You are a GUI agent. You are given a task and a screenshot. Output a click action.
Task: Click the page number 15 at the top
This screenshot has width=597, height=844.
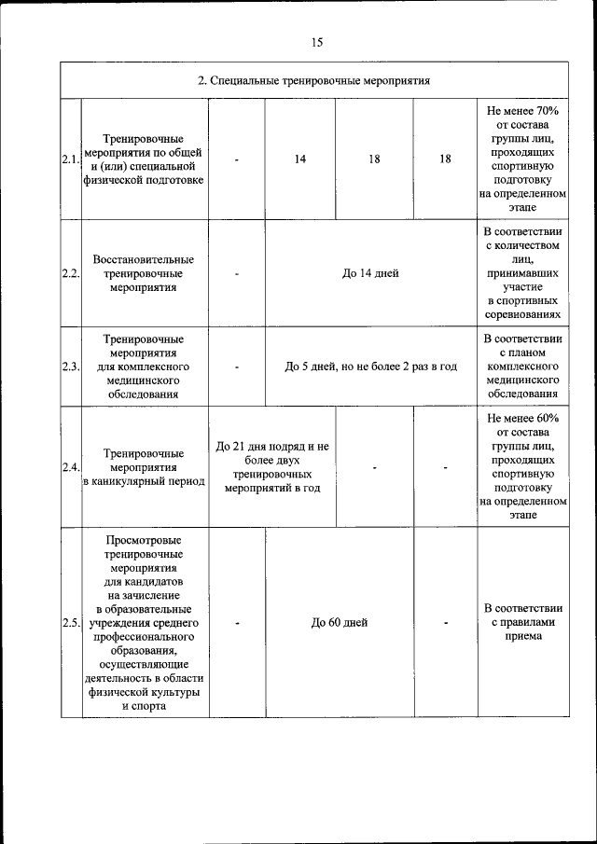[317, 42]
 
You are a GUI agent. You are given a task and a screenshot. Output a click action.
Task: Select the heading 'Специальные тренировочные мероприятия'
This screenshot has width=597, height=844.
[313, 80]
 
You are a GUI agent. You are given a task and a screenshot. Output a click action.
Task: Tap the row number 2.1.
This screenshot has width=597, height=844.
[71, 159]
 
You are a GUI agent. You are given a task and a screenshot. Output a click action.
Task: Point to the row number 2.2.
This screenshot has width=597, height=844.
[71, 273]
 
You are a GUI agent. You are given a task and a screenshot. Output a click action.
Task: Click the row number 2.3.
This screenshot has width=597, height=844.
[71, 367]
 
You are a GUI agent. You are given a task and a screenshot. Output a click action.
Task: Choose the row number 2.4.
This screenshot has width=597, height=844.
[71, 466]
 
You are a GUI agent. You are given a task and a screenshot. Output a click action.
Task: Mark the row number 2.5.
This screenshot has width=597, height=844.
[71, 623]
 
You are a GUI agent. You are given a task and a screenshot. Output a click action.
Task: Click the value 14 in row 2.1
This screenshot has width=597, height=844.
[300, 159]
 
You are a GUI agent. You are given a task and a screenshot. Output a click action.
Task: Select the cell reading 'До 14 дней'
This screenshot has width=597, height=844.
[370, 273]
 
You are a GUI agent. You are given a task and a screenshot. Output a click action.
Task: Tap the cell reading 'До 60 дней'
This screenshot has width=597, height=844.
[340, 623]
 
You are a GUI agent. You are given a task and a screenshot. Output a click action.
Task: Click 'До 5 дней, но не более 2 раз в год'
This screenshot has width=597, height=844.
[370, 367]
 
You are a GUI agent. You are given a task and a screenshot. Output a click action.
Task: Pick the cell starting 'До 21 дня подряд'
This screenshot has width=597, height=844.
[271, 447]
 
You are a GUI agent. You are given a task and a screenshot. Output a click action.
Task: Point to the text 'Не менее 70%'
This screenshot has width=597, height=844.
[522, 110]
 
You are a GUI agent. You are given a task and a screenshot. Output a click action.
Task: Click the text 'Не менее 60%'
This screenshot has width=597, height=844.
[522, 417]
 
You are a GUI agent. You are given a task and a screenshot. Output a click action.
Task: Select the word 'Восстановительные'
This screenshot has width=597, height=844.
[144, 258]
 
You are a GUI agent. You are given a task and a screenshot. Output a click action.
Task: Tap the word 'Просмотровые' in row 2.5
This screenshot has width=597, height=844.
[144, 541]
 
